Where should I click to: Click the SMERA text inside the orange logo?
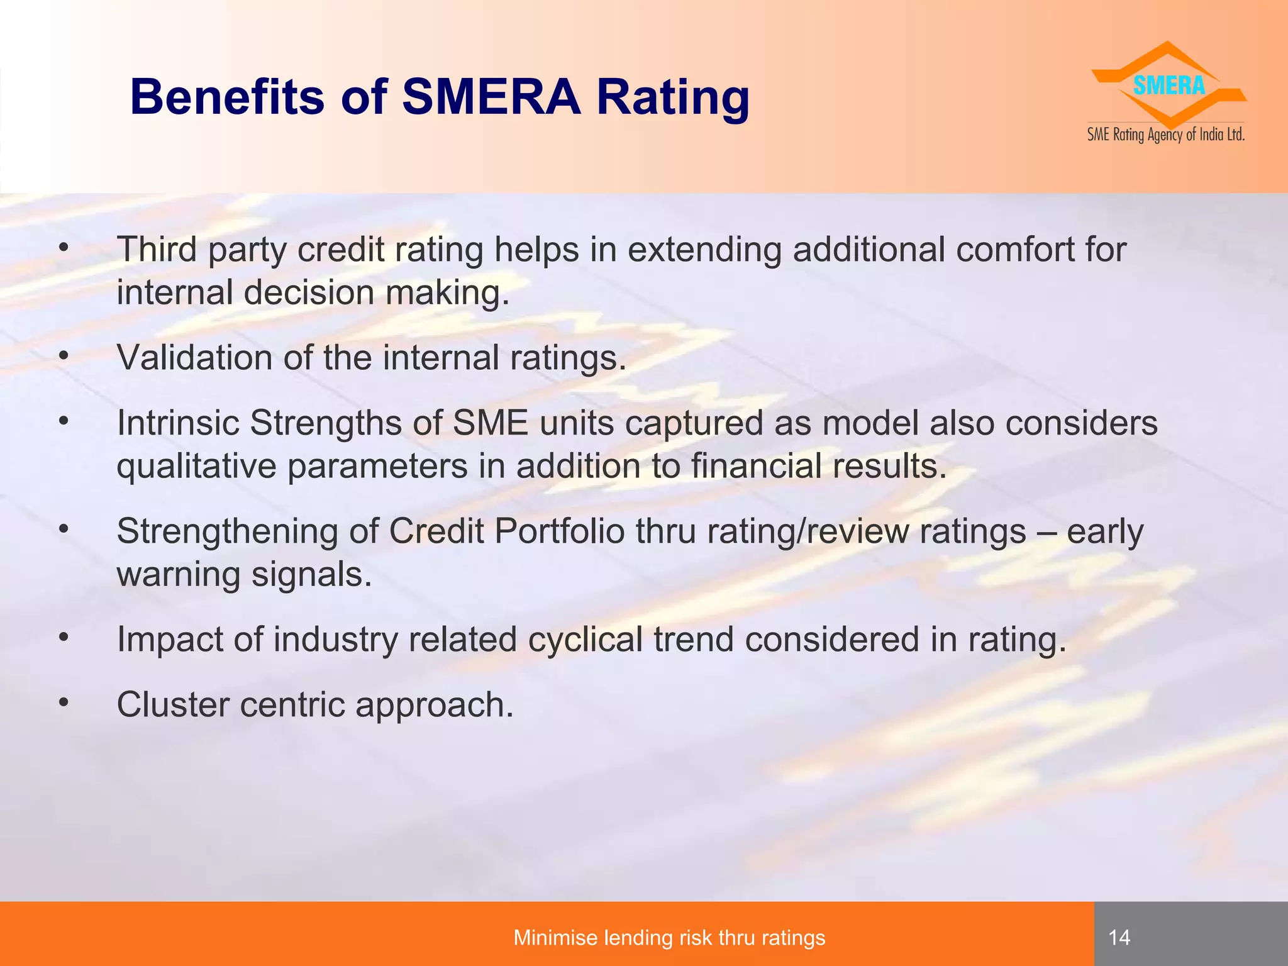tap(1169, 86)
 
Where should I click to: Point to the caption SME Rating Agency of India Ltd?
tap(1166, 135)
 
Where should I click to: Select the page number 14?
tap(1119, 938)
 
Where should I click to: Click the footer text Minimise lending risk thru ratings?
tap(669, 938)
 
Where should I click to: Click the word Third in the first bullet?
tap(157, 249)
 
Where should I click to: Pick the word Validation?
tap(195, 357)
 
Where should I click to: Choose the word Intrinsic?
tap(179, 423)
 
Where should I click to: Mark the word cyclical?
tap(585, 639)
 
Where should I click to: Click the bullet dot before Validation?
tap(63, 356)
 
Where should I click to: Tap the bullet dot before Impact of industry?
tap(63, 638)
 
